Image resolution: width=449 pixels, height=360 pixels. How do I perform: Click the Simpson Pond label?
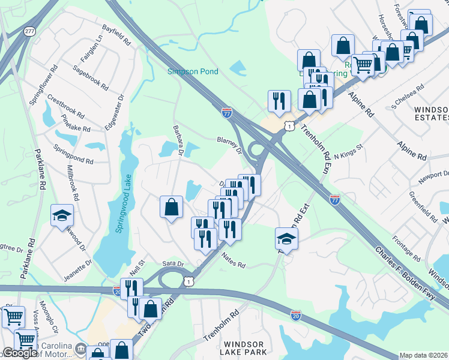pos(192,72)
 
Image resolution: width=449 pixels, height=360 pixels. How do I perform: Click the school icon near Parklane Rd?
pos(61,215)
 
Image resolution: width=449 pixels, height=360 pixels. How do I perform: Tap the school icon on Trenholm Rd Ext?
pos(287,238)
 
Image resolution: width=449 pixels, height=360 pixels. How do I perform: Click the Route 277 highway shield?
pos(29,31)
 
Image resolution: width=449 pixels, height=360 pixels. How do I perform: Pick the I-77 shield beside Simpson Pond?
pos(226,112)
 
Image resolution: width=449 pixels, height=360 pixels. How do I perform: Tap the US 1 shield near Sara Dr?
pos(190,281)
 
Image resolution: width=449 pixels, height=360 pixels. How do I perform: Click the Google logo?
pos(19,353)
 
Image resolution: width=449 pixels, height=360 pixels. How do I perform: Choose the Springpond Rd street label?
pos(73,153)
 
